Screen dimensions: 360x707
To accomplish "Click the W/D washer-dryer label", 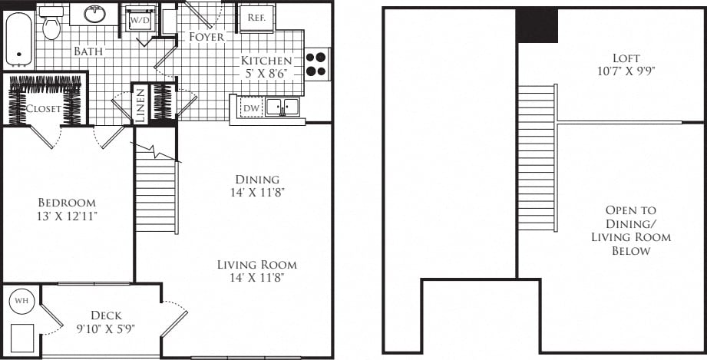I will pos(140,19).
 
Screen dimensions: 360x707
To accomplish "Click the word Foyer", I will pos(206,36).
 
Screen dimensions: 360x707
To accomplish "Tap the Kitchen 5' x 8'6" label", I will pos(266,68).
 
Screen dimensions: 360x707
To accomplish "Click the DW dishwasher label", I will pos(251,108).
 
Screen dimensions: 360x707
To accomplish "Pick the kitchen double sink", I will pos(282,107).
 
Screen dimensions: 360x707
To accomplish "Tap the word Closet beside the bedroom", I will pos(43,108).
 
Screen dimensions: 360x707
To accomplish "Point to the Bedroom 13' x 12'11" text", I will pos(68,209).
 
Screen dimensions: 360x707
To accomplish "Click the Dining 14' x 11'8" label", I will pos(257,185).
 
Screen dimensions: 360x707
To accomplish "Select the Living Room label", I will pos(256,271).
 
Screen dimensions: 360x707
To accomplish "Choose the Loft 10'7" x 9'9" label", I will pos(626,64).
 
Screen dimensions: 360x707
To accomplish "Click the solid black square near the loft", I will pos(537,25).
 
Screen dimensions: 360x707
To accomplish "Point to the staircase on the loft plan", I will pos(537,157).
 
